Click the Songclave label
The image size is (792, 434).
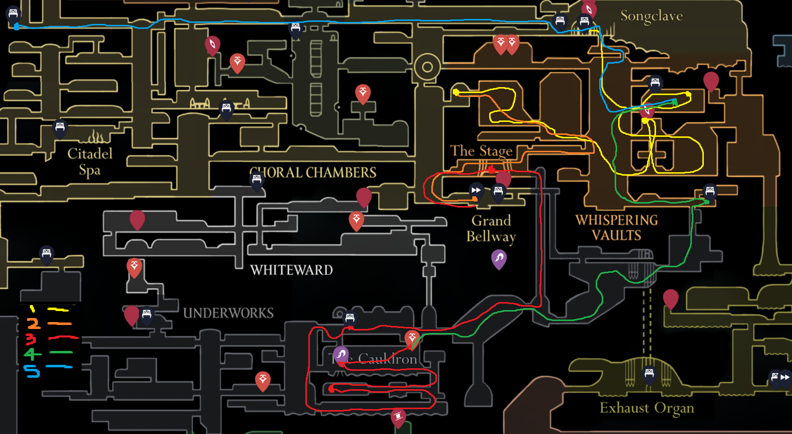(x=651, y=16)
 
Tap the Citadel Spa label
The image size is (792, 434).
(x=90, y=161)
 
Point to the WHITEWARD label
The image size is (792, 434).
(x=291, y=270)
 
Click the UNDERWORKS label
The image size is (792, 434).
(x=228, y=313)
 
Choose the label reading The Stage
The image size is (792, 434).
(x=481, y=151)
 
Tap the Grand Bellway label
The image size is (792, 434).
(x=491, y=228)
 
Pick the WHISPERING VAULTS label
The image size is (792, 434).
(x=617, y=227)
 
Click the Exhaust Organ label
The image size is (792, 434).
(x=647, y=408)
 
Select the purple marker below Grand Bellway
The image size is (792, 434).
(x=499, y=258)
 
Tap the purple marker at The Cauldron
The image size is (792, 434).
(x=341, y=354)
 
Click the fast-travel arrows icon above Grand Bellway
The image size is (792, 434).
(x=476, y=190)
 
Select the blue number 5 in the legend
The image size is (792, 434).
(x=31, y=371)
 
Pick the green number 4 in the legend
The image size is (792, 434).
(x=32, y=354)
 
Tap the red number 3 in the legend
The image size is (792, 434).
(x=31, y=339)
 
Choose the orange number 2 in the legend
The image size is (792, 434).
(x=33, y=324)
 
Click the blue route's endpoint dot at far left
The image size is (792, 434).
(x=16, y=27)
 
